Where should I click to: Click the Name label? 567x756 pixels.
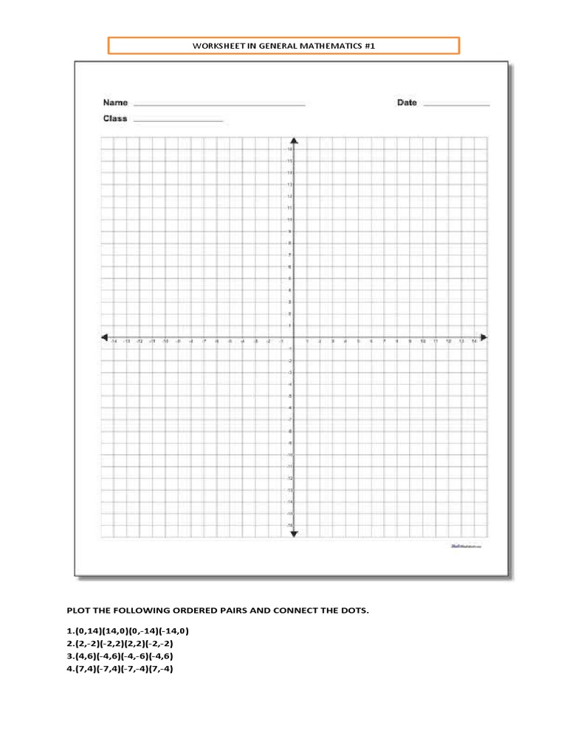point(115,103)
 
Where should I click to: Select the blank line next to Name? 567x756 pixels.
point(219,106)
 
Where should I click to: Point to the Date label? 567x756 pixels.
point(407,103)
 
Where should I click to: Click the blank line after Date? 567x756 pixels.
point(456,106)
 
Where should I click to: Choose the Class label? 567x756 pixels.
point(115,118)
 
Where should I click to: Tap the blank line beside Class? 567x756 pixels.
point(178,121)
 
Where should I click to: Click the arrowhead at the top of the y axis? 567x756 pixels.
point(294,140)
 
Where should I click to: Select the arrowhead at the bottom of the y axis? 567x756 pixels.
point(294,534)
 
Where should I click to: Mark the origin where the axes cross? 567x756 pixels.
point(294,337)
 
